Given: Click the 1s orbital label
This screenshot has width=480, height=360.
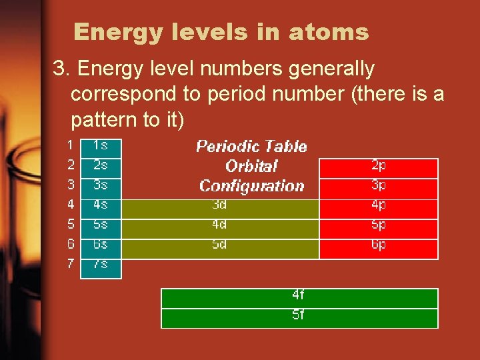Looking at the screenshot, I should coord(101,145).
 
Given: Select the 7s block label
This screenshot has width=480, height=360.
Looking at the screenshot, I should coord(101,264).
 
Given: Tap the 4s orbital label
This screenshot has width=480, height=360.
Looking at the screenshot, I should coord(101,204).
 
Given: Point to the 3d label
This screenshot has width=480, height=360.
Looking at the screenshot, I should coord(219,205).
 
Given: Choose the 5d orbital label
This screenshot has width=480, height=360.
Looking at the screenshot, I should coord(219,245).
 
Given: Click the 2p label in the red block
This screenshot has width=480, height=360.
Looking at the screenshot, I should coord(379,165).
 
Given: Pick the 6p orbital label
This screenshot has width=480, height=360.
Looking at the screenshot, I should coord(379,245).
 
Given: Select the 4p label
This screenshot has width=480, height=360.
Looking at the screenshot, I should coord(379,205).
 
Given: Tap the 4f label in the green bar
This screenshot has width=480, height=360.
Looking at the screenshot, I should coord(299,295).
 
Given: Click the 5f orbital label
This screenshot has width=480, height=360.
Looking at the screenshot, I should coord(299,315).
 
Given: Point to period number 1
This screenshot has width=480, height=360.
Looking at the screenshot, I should coord(71,144).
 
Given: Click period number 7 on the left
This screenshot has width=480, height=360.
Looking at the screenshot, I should coord(71,264).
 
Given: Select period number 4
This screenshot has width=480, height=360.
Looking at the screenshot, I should coord(71,204).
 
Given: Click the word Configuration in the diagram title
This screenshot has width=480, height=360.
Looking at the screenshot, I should coord(251,186).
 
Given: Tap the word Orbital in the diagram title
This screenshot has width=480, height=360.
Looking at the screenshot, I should coord(251,166).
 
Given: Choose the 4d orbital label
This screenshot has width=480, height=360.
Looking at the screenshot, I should coord(219,225).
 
